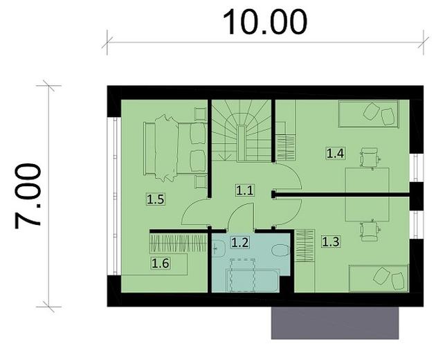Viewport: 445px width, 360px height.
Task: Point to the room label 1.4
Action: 336,153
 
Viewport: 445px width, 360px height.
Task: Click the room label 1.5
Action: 156,200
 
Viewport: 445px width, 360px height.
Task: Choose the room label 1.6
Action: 161,262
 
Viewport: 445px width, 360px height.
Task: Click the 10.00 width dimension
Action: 265,22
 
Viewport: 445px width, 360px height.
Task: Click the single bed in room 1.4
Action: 368,114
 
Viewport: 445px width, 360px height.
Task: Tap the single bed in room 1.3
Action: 376,278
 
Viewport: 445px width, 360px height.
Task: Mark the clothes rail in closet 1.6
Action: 178,244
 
